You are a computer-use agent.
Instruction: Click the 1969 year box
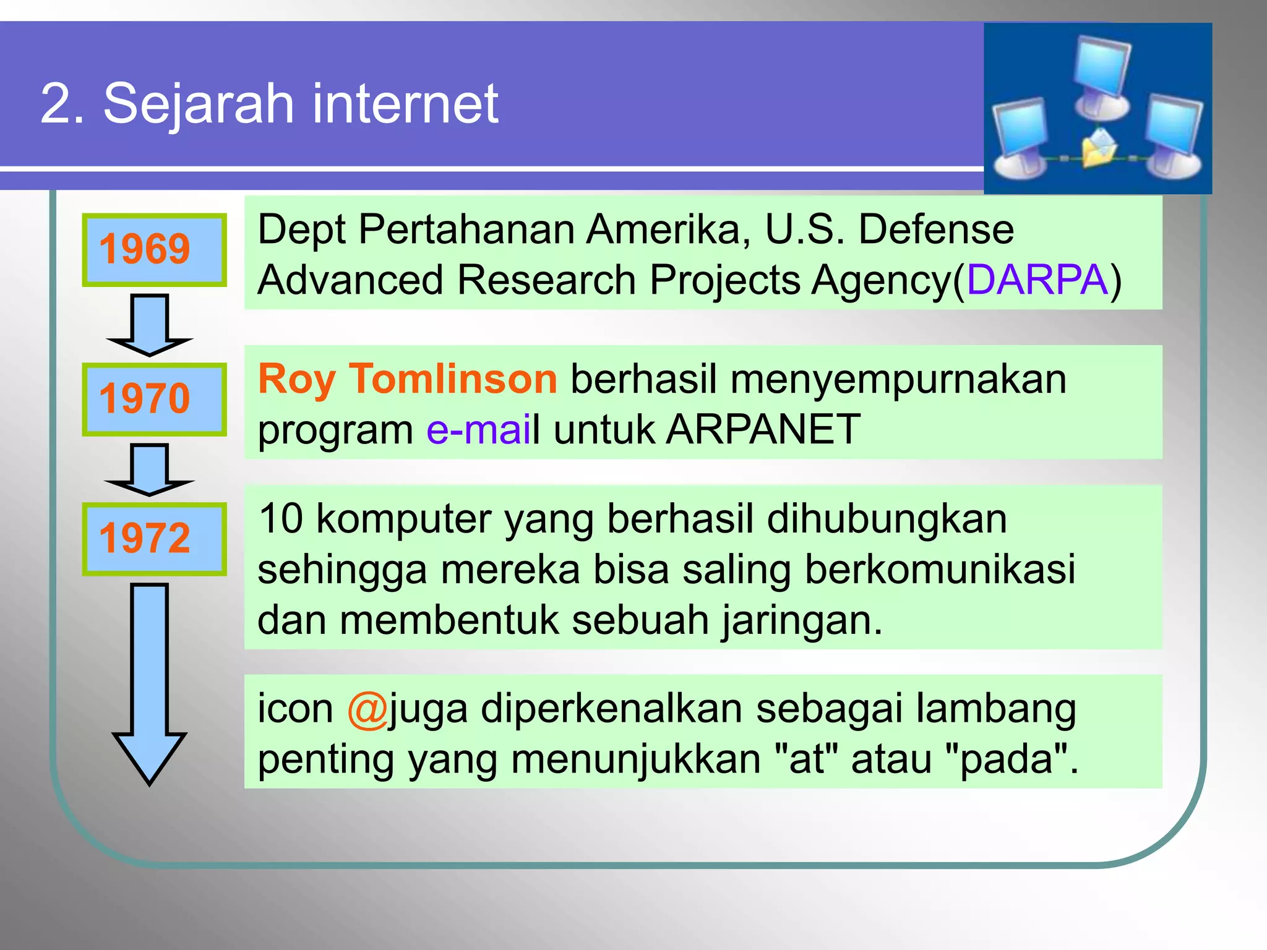(x=154, y=250)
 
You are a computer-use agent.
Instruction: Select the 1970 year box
(x=154, y=399)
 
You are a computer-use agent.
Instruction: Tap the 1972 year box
(x=154, y=539)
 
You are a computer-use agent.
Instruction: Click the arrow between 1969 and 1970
(x=150, y=325)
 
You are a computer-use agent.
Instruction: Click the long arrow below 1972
(x=150, y=680)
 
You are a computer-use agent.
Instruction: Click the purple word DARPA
(x=1037, y=280)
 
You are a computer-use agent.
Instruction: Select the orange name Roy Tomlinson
(x=408, y=379)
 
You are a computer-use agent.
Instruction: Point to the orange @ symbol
(x=367, y=709)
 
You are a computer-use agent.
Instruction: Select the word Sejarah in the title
(x=198, y=103)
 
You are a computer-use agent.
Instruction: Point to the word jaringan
(x=802, y=620)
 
